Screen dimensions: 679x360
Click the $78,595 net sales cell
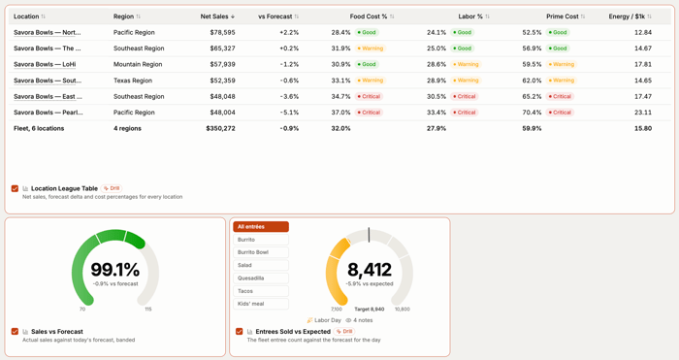pos(222,32)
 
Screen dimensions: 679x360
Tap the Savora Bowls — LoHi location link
pos(45,65)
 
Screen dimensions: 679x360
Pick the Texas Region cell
pos(133,81)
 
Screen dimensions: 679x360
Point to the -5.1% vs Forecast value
pos(289,113)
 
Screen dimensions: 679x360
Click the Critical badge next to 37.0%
pos(369,113)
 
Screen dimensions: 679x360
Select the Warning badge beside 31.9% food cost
pos(370,49)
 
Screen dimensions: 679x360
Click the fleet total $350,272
pos(220,129)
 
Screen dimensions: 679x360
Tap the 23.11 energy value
pos(643,113)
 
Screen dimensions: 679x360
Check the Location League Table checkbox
pos(15,188)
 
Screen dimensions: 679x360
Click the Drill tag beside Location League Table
pos(112,188)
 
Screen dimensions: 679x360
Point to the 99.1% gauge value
pos(115,270)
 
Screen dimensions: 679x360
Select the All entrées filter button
pos(261,226)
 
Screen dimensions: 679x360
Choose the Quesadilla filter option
pos(261,278)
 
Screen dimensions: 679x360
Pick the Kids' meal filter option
pos(261,304)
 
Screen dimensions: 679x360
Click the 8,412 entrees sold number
pos(370,270)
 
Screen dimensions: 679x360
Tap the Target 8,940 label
pos(370,310)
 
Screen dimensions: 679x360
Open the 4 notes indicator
pos(359,320)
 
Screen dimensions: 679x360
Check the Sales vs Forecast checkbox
pos(15,332)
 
